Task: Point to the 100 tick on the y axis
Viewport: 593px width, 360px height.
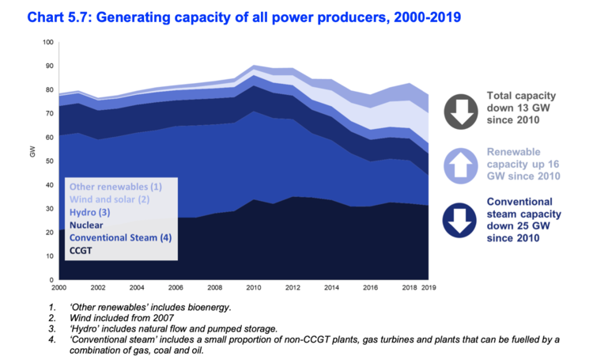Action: tap(48, 43)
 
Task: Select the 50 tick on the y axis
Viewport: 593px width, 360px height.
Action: tap(50, 161)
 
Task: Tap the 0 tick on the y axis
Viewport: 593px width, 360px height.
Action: tap(52, 280)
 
